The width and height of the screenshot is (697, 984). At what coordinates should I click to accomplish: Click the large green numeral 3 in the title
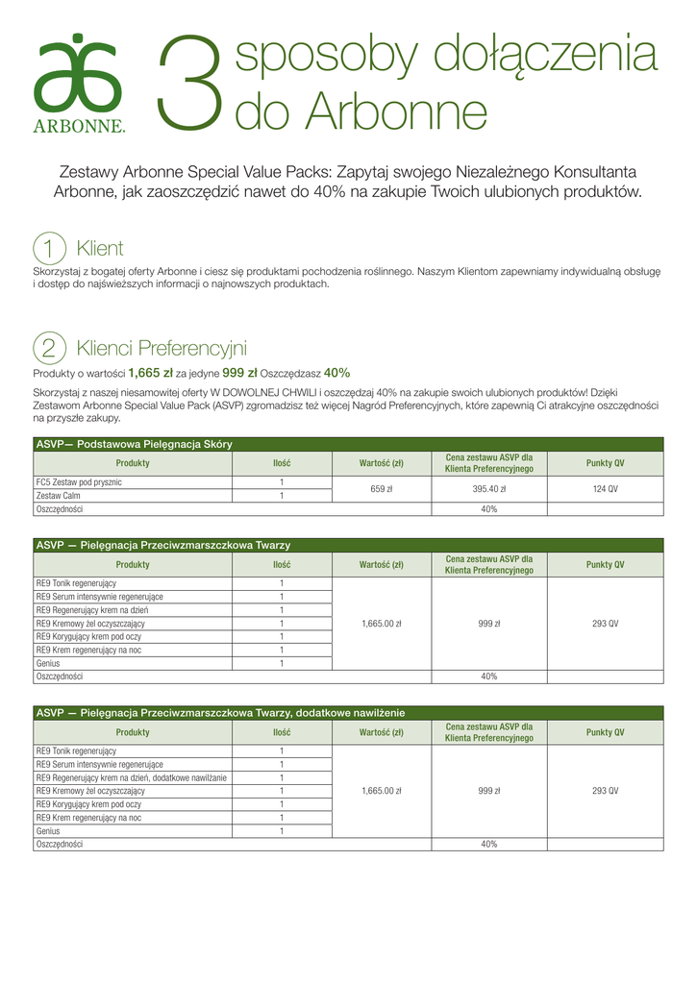pyautogui.click(x=189, y=84)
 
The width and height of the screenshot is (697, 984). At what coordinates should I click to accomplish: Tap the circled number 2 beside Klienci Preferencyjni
pyautogui.click(x=49, y=348)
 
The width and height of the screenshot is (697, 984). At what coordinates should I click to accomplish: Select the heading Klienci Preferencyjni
pyautogui.click(x=162, y=348)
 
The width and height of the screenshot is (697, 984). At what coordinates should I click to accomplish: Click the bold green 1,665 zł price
pyautogui.click(x=150, y=373)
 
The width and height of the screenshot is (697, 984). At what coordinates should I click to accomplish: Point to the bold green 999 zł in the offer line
pyautogui.click(x=239, y=373)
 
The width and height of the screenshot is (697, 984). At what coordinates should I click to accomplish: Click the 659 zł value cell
pyautogui.click(x=381, y=489)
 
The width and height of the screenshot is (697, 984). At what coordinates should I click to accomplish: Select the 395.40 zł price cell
pyautogui.click(x=488, y=489)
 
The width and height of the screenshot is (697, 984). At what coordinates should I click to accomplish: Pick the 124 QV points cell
pyautogui.click(x=605, y=489)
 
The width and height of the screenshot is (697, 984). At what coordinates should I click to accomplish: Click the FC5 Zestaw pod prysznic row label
pyautogui.click(x=79, y=482)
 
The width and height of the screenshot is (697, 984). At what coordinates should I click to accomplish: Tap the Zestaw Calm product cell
pyautogui.click(x=59, y=496)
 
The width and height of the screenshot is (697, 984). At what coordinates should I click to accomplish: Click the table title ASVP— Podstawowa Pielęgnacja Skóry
pyautogui.click(x=134, y=444)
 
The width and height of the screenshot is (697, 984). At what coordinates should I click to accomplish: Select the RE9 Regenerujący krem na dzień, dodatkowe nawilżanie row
pyautogui.click(x=132, y=777)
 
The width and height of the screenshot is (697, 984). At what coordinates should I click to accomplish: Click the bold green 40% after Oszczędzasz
pyautogui.click(x=336, y=373)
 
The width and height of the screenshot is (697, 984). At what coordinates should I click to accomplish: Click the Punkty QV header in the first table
pyautogui.click(x=605, y=463)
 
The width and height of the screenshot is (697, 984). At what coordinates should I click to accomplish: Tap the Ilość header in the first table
pyautogui.click(x=282, y=463)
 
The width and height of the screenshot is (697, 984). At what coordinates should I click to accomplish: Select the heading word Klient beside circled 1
pyautogui.click(x=100, y=249)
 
